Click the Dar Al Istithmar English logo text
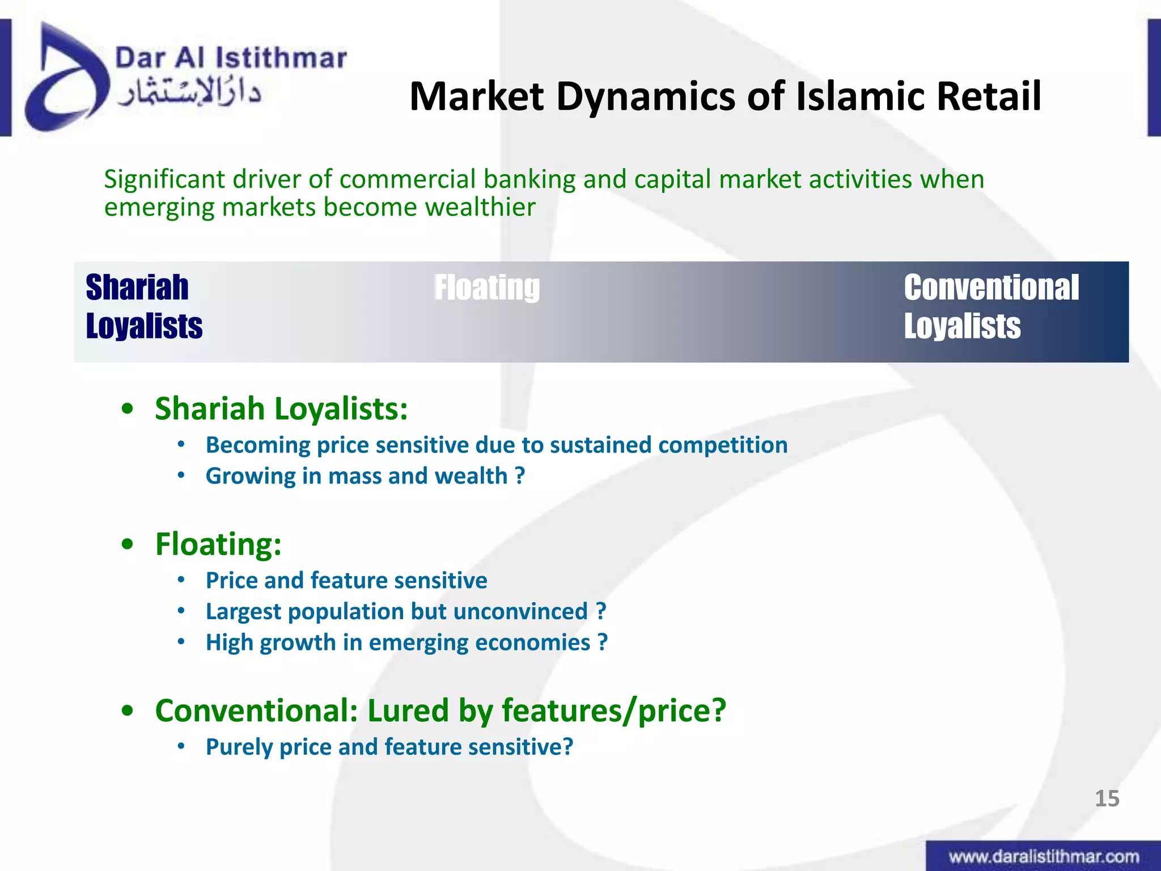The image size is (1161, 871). [x=231, y=58]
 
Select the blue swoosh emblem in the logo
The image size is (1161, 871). [x=62, y=79]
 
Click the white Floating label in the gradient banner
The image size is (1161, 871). [x=486, y=287]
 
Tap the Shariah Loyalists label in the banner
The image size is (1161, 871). [x=144, y=307]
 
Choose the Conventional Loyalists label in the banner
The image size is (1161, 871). [x=991, y=307]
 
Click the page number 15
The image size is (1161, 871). [x=1107, y=798]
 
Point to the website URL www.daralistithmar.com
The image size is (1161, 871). [x=1044, y=856]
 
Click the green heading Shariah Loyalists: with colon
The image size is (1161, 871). [x=281, y=408]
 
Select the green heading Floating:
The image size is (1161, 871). [x=218, y=544]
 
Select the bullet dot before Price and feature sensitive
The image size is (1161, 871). [x=181, y=580]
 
